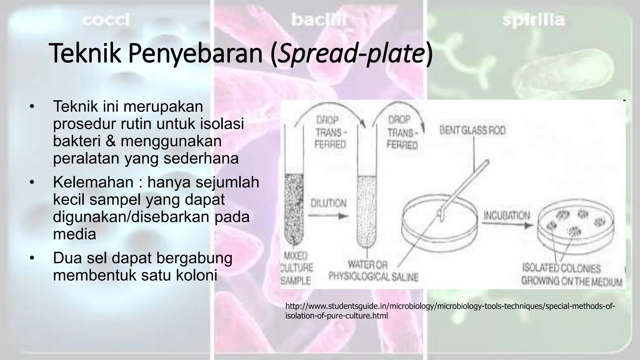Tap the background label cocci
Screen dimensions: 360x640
coord(106,21)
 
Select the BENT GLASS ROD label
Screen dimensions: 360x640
coord(472,130)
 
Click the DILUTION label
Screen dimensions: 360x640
coord(328,203)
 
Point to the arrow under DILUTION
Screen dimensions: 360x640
coord(328,216)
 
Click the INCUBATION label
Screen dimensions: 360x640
coord(507,215)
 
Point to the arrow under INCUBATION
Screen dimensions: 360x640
coord(507,224)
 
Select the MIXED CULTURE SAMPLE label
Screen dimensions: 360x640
coord(296,268)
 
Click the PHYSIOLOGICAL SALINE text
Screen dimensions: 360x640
coord(373,277)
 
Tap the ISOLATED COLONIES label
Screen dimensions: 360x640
coord(561,268)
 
